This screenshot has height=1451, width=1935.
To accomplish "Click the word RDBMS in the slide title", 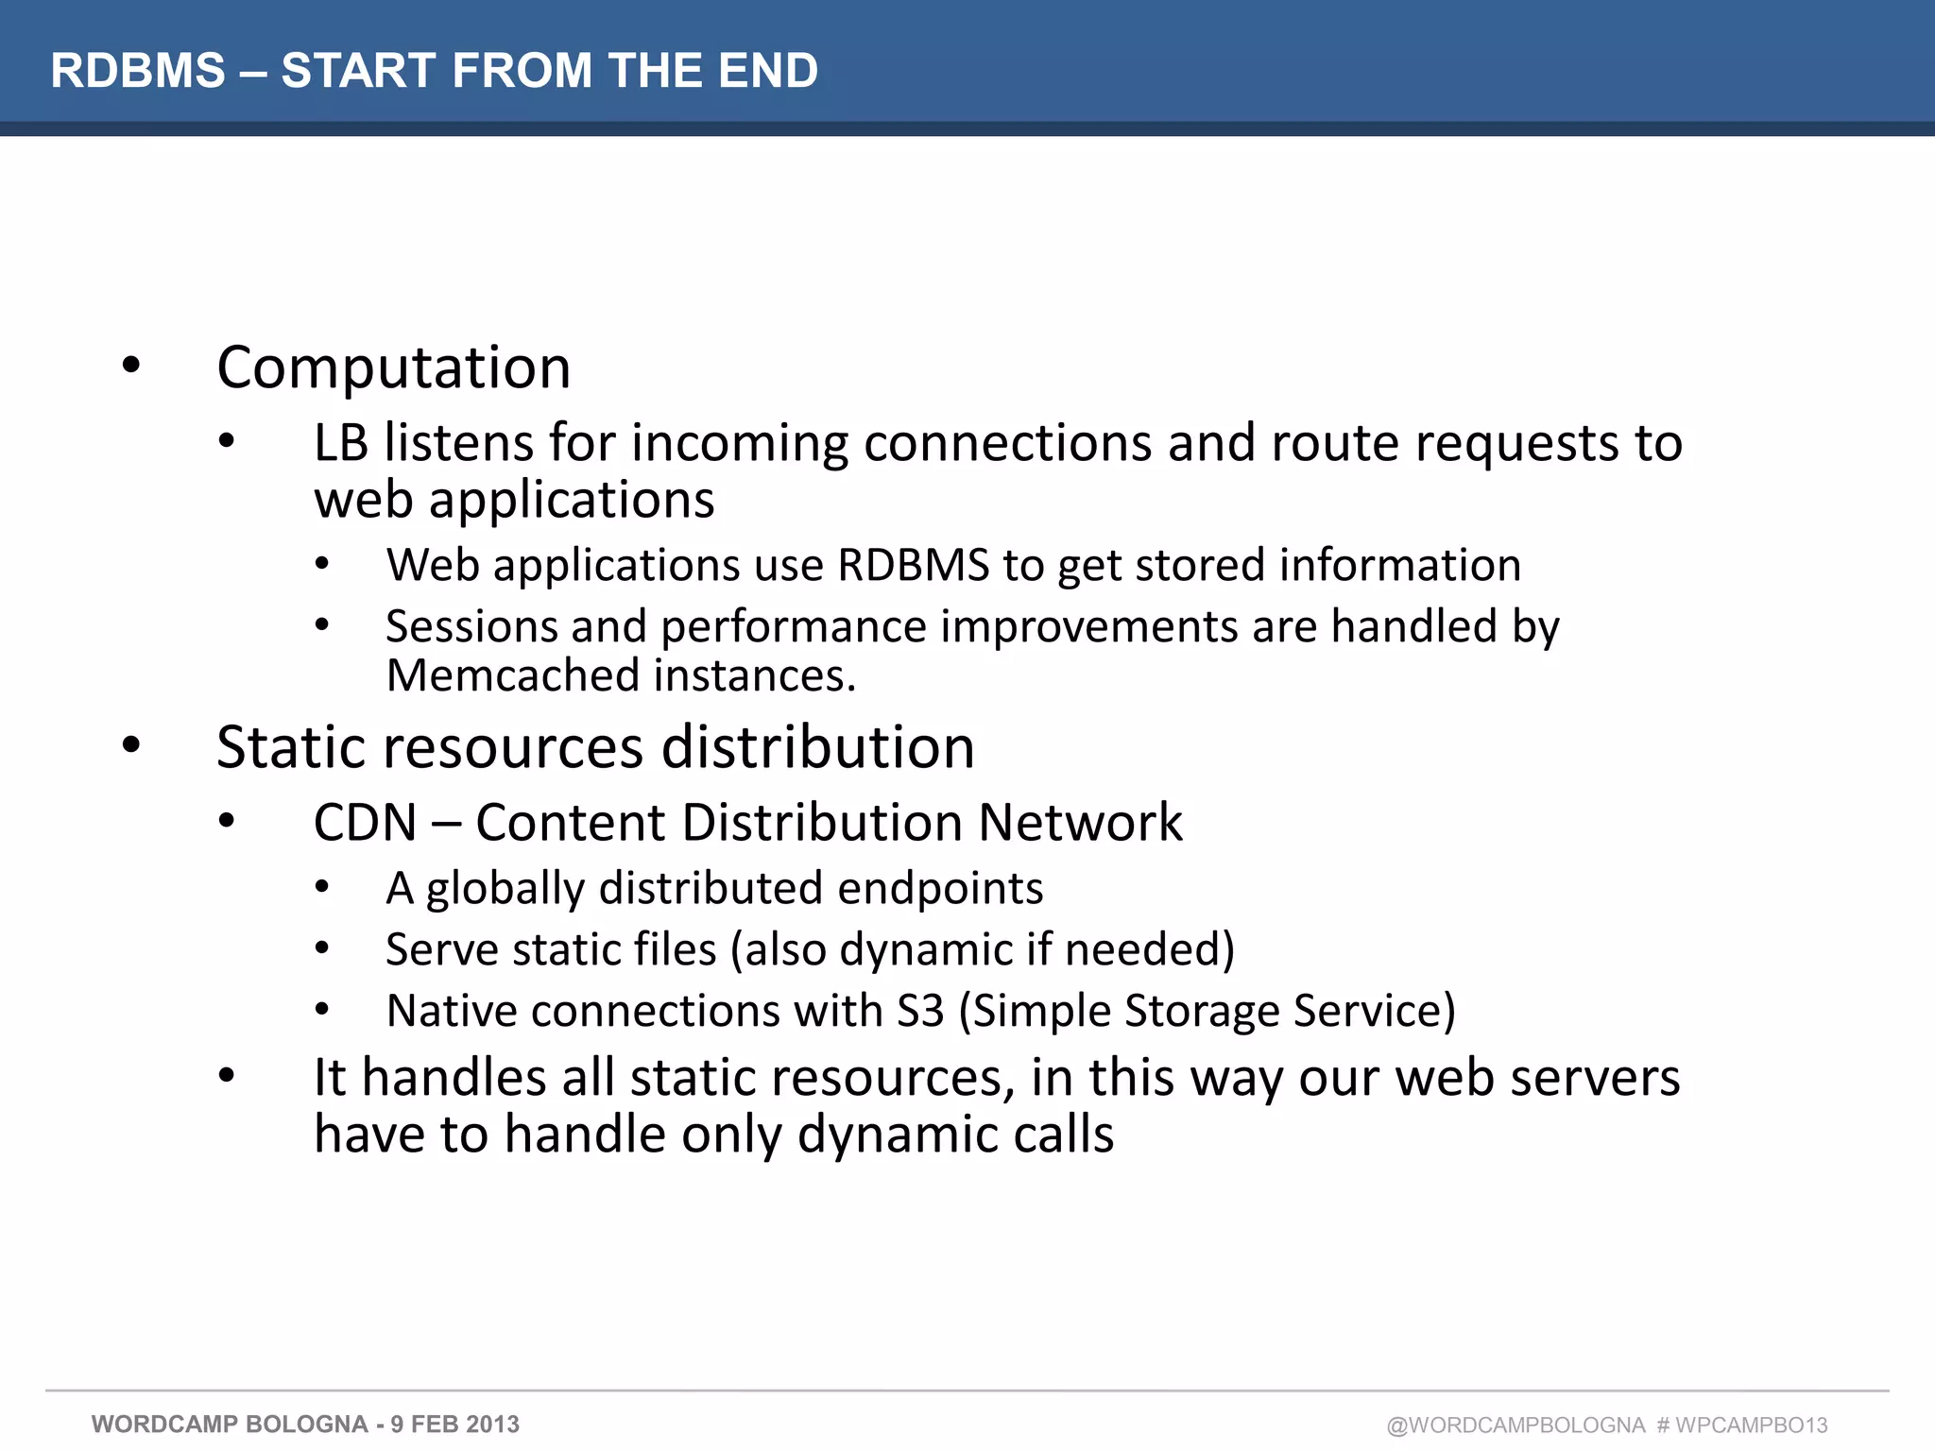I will (x=138, y=71).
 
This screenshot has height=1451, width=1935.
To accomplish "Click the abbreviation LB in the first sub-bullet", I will (x=340, y=443).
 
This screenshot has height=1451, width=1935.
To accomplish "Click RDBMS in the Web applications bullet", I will (x=913, y=565).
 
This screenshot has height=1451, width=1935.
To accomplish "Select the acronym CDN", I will (x=365, y=822).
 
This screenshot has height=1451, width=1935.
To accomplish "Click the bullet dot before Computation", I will (x=131, y=366).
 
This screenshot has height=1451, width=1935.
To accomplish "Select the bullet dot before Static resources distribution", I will (x=131, y=745).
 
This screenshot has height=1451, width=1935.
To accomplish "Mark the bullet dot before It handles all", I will (x=226, y=1076).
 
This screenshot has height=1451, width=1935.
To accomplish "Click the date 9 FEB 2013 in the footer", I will (x=454, y=1425).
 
